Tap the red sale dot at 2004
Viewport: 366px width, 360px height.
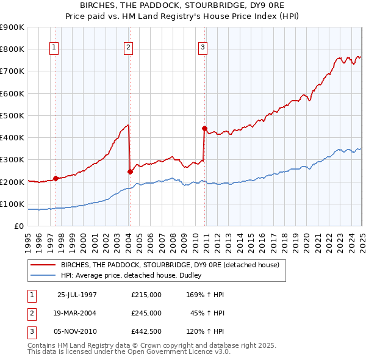point(131,171)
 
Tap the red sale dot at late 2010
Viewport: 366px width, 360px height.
point(204,128)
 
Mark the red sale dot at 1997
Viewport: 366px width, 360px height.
point(56,178)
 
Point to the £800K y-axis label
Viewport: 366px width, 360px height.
point(12,49)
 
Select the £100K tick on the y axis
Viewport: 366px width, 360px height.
point(12,204)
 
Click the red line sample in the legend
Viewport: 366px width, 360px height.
point(43,265)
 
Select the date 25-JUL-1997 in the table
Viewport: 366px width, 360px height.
point(77,295)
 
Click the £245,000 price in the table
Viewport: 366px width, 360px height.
point(146,313)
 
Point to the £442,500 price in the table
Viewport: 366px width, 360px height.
point(146,331)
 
